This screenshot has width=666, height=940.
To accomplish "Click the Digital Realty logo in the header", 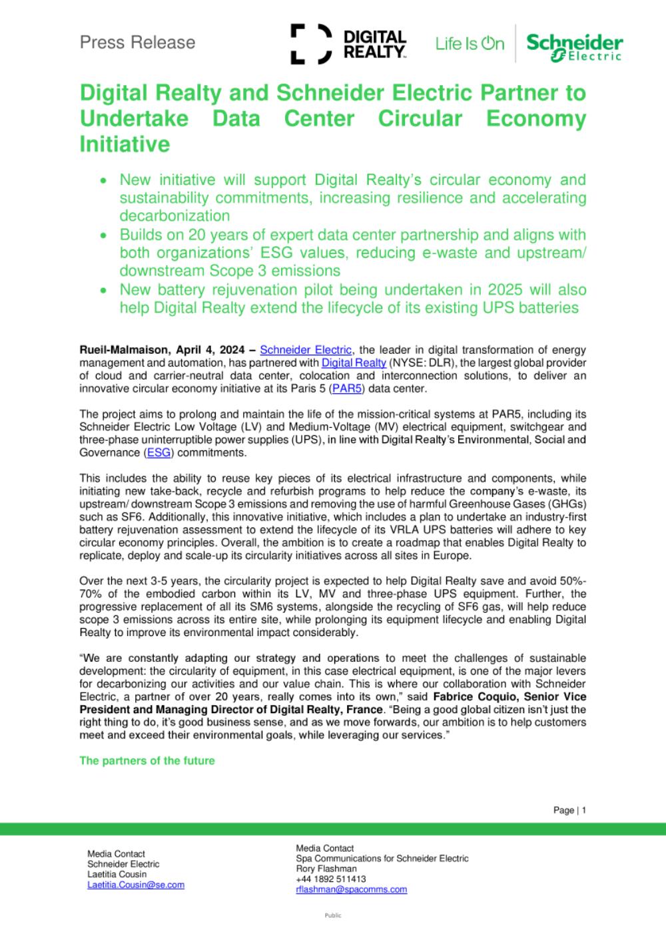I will (348, 44).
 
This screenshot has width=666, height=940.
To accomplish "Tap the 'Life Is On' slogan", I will (470, 44).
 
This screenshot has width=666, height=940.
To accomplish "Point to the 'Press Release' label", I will (137, 43).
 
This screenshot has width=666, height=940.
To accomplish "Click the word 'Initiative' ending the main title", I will (125, 144).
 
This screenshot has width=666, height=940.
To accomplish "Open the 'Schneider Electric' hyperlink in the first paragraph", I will (306, 350).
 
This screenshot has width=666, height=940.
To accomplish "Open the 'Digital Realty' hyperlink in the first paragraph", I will (354, 363).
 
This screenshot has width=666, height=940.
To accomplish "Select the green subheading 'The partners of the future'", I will (147, 760).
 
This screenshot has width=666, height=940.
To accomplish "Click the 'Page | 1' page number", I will (569, 810).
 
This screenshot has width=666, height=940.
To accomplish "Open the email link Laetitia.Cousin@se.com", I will (136, 885).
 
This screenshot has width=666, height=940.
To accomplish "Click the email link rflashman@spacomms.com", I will (351, 889).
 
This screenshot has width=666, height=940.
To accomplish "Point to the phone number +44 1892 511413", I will (331, 879).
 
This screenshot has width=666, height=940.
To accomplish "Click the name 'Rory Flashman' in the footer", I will (326, 868).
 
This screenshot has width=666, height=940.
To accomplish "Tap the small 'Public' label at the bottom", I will (333, 915).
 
